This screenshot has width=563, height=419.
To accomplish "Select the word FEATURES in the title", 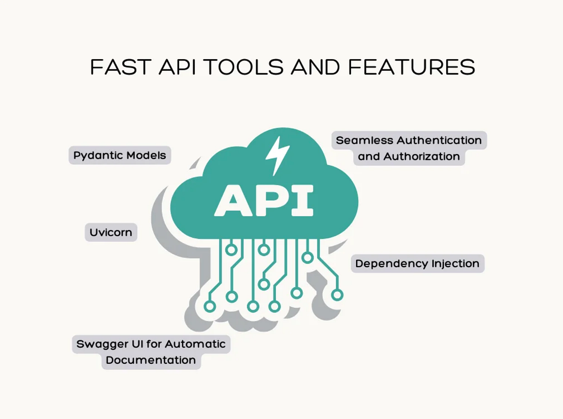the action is tap(411, 67).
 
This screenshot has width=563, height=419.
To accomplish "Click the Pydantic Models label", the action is tap(120, 155).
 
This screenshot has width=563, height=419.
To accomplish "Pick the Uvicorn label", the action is tap(111, 232).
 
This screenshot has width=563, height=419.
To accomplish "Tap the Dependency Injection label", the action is tap(417, 263).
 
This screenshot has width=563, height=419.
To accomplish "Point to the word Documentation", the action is tap(151, 360).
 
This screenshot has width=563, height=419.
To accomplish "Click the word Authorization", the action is tap(421, 157).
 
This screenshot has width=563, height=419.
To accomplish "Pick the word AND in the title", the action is tap(315, 67).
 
